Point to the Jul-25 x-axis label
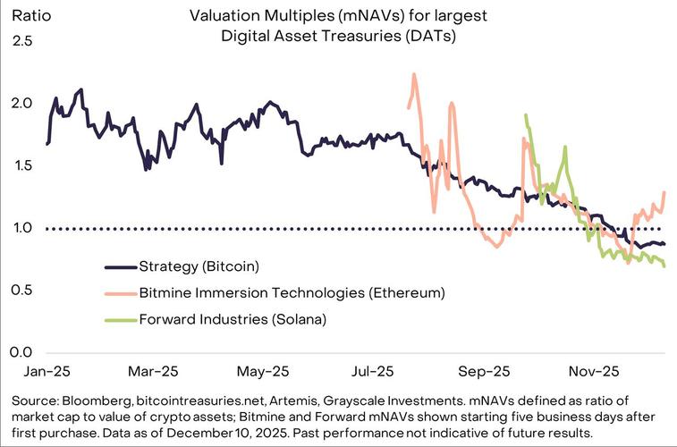point(373,370)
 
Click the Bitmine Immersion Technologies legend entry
point(292,291)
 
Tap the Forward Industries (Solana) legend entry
point(233,317)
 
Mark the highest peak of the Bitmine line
point(414,75)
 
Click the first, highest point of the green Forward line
point(526,115)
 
